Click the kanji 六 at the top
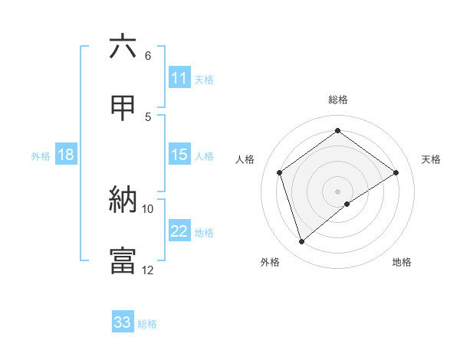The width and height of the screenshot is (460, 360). (123, 47)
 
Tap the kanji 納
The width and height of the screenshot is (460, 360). (123, 200)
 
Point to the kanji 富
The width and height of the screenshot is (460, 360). (123, 261)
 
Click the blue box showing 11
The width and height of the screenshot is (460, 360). (179, 78)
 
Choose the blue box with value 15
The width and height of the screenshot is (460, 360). (179, 155)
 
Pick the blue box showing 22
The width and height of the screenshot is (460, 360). (179, 231)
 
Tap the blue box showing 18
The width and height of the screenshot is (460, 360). (66, 155)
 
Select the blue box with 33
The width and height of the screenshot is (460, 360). (123, 322)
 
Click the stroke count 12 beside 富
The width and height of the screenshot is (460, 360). (148, 270)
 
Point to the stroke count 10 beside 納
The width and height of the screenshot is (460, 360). (148, 208)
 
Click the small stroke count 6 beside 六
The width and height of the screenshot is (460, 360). (148, 56)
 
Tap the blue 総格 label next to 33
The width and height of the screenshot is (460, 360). (147, 324)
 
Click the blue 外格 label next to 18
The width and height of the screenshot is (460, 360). (41, 156)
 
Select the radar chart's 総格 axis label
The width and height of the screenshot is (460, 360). (338, 100)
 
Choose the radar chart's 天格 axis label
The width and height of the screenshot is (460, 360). (431, 159)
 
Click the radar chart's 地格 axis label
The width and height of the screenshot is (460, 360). (402, 262)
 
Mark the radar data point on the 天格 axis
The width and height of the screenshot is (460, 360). (396, 172)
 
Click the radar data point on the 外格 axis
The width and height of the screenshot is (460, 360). (302, 242)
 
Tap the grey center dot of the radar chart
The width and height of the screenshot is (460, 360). (338, 191)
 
